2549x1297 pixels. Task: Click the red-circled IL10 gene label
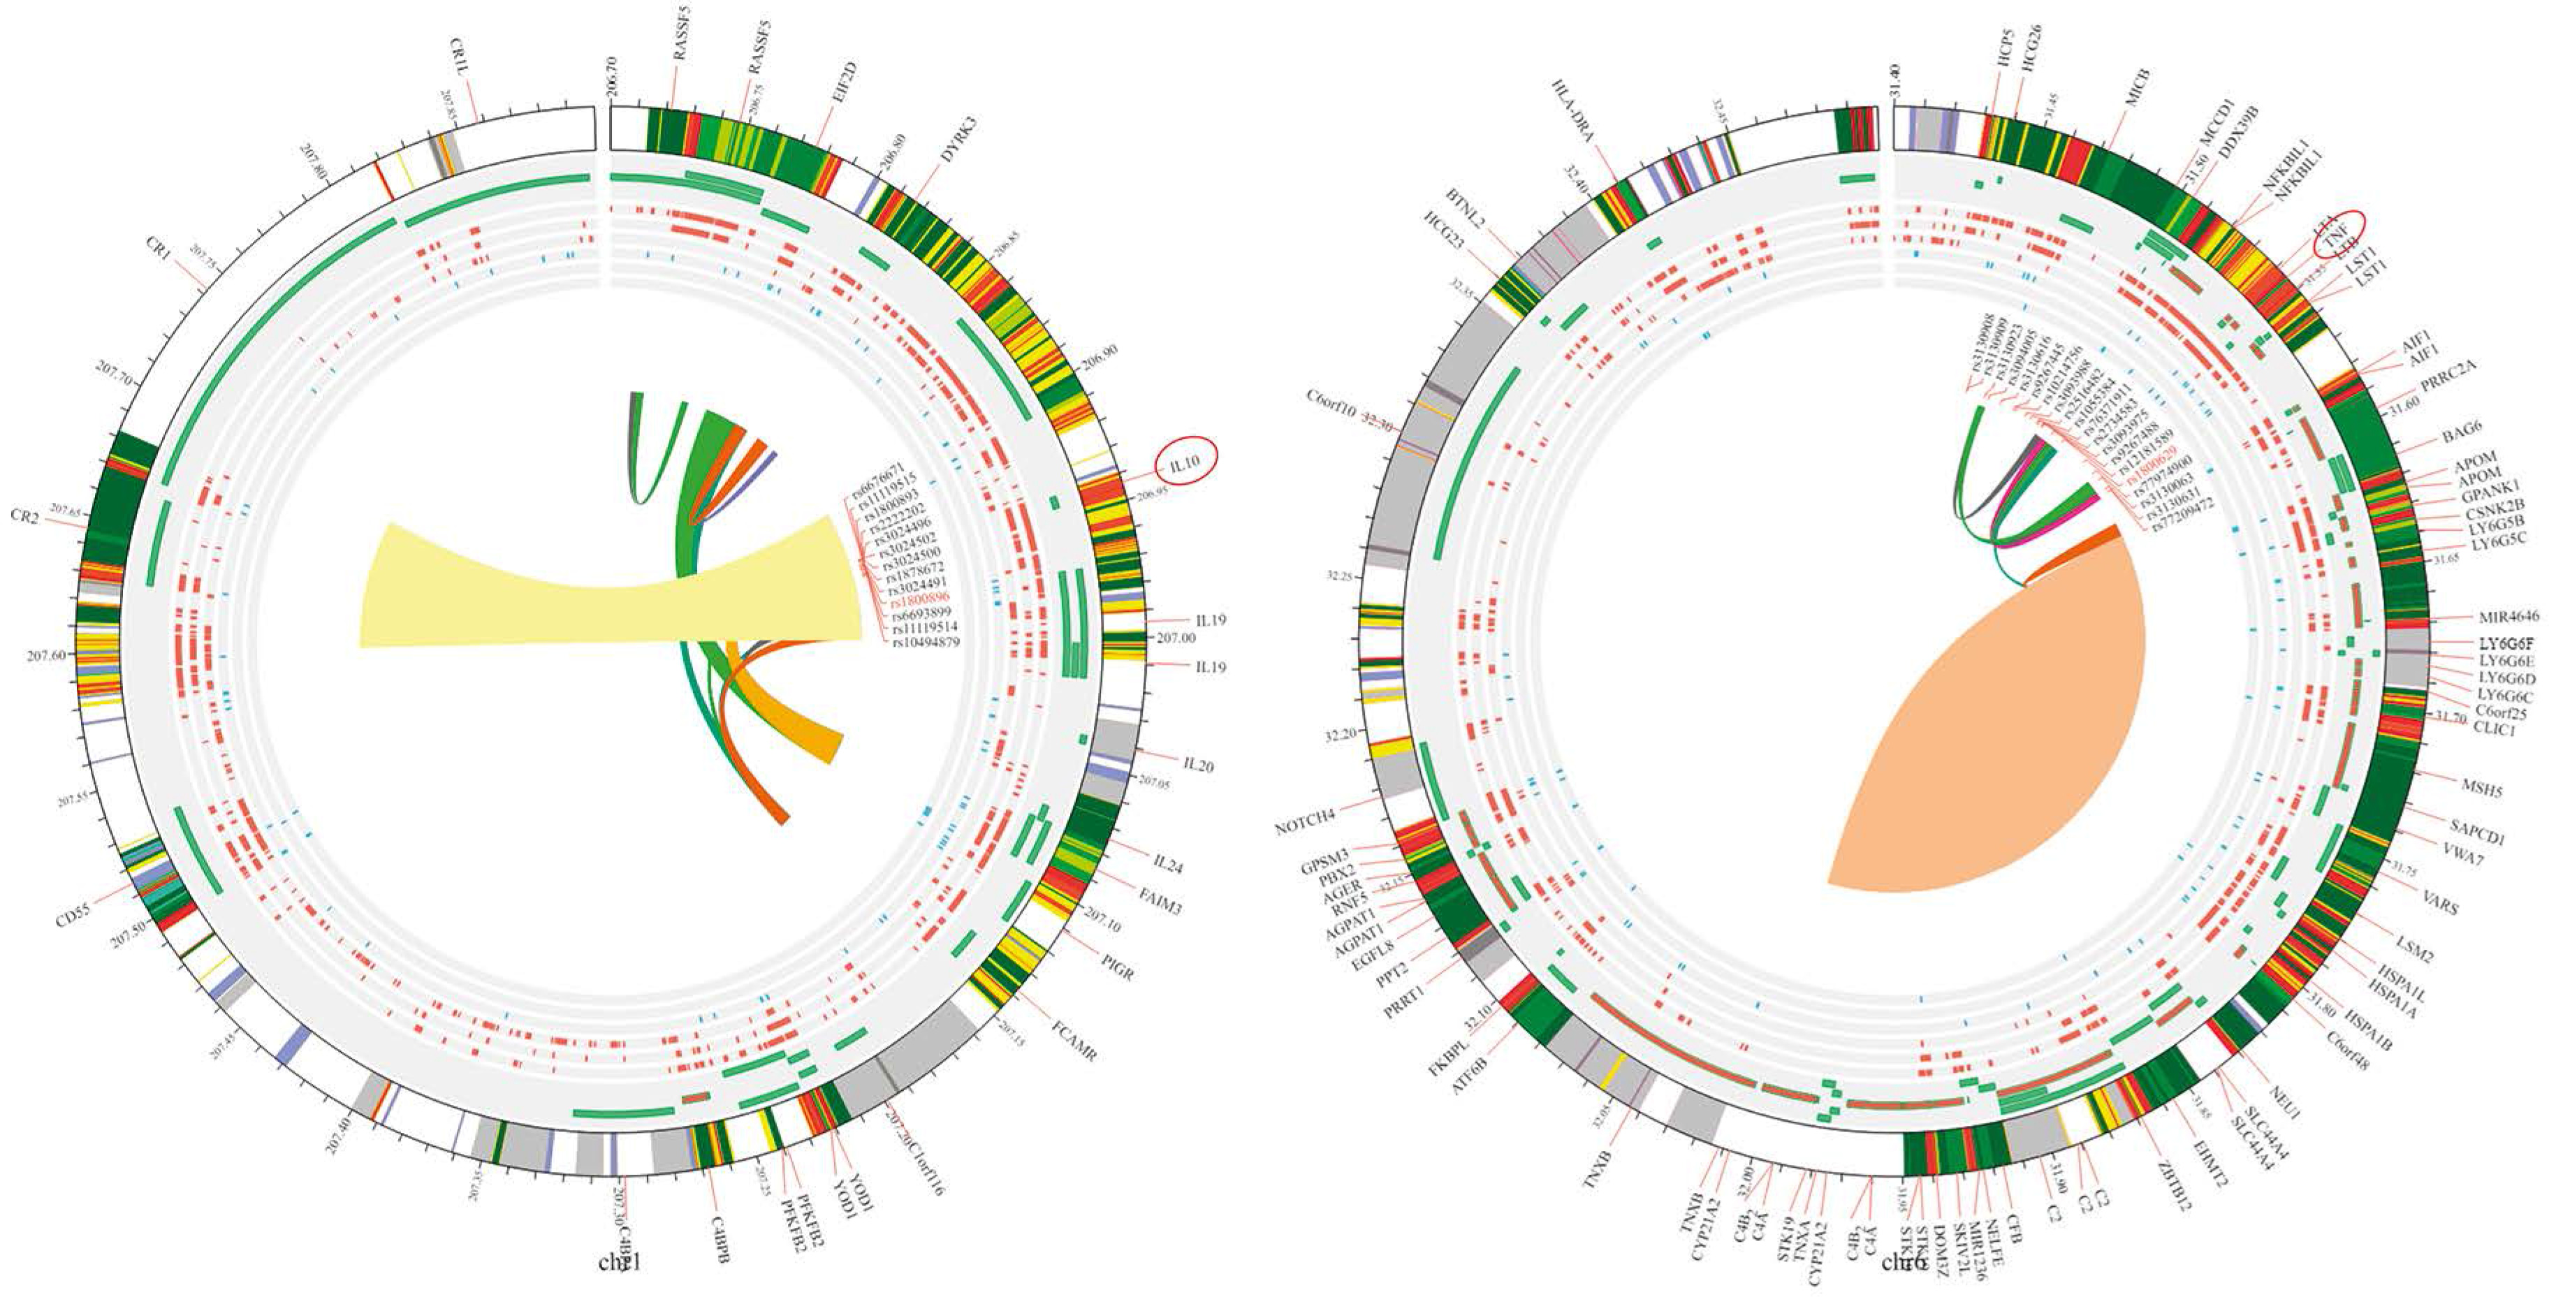click(x=1185, y=461)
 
